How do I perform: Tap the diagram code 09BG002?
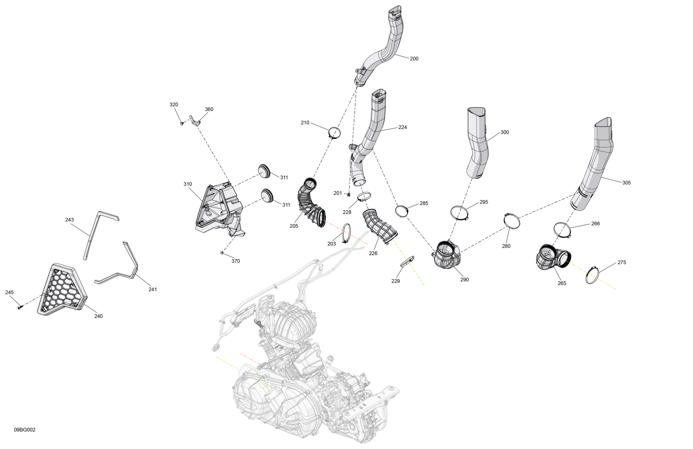25,430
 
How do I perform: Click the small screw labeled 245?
20,307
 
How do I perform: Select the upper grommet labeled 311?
264,171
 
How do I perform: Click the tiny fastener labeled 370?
222,253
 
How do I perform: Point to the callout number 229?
395,281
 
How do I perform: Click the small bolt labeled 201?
349,194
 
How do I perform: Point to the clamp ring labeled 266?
562,230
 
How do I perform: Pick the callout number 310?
188,184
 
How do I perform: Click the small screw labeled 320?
182,123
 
